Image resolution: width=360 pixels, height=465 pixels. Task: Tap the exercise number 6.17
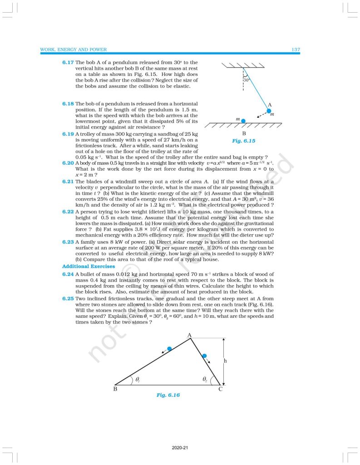click(68, 62)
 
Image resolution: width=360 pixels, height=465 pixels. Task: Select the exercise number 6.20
click(68, 163)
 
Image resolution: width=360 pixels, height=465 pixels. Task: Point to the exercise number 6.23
click(68, 242)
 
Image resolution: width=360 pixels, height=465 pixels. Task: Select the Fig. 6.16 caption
click(168, 395)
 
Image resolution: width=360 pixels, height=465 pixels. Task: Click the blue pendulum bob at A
click(269, 110)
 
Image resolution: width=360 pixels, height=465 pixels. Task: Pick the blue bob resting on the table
click(244, 121)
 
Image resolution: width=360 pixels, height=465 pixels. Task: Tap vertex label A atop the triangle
click(190, 335)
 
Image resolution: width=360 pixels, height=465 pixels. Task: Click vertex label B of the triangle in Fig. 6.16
click(115, 390)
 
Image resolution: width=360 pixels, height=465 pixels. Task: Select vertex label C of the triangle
click(220, 390)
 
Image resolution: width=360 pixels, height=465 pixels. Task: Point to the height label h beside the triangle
click(225, 361)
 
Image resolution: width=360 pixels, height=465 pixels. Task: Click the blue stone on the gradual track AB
click(169, 349)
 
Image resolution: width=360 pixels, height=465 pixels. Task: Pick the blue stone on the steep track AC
click(204, 356)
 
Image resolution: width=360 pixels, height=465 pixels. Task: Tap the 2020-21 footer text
click(180, 448)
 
